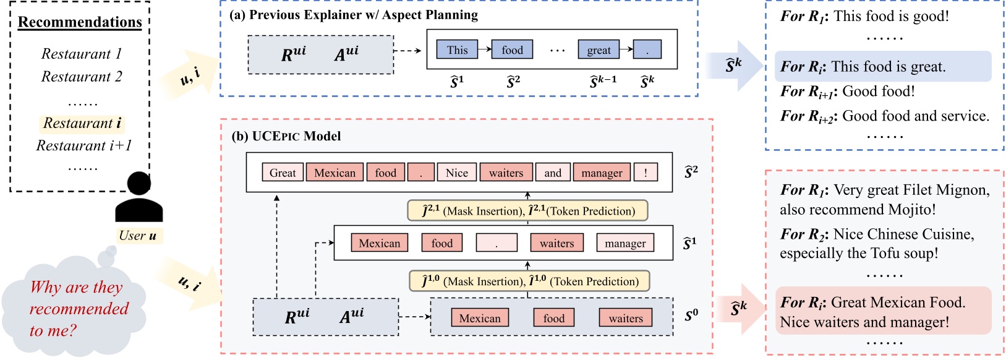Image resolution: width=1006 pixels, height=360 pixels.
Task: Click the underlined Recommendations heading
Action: click(80, 22)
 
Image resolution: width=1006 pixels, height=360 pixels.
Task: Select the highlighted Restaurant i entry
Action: click(82, 123)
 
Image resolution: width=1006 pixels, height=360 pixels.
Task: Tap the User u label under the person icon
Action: click(137, 236)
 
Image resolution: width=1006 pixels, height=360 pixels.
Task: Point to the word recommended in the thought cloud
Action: click(79, 309)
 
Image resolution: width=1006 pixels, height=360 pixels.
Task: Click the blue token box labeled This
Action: click(457, 50)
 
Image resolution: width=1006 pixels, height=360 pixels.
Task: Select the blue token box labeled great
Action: click(599, 50)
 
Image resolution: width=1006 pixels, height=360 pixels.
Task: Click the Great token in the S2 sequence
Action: click(283, 173)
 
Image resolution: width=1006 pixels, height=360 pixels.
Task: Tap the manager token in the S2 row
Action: click(602, 173)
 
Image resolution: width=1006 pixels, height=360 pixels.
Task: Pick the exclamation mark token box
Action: click(646, 173)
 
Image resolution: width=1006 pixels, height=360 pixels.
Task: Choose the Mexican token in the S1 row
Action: click(379, 243)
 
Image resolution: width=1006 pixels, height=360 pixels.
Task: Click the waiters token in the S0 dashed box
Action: click(626, 319)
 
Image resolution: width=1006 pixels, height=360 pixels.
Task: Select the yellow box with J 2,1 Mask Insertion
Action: click(528, 211)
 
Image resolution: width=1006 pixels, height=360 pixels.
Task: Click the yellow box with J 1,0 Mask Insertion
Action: click(529, 281)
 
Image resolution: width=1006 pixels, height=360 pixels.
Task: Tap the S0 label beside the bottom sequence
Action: click(691, 316)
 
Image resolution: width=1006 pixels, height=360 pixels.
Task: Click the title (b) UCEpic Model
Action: click(286, 136)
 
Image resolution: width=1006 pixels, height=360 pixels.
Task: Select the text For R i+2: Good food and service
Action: click(884, 116)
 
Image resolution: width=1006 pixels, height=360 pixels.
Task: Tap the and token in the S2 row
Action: click(553, 173)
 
